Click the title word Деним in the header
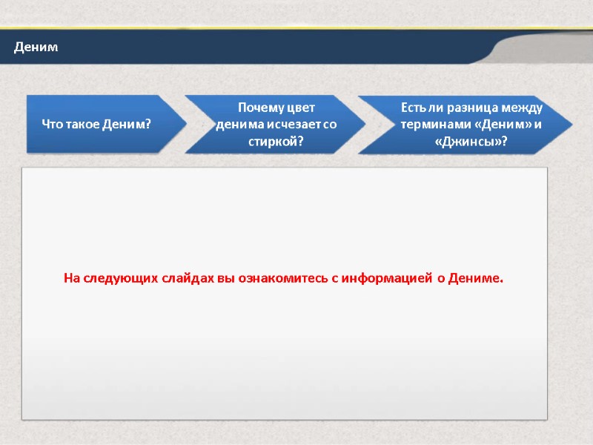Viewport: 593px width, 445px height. coord(35,47)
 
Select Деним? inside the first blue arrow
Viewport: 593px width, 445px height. coord(127,124)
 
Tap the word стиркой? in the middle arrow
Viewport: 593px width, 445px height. coord(276,141)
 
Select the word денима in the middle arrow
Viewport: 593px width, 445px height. coord(236,125)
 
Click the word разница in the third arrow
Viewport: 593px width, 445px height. coord(468,108)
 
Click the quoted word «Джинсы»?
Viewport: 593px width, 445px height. coord(471,141)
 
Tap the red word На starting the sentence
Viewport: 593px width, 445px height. coord(71,279)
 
